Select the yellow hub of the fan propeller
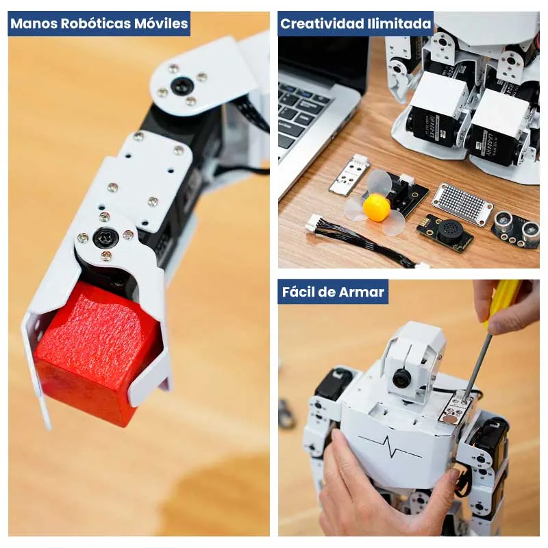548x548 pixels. [x=376, y=208]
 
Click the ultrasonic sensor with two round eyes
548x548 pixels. [x=515, y=229]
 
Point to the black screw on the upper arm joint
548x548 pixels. [x=182, y=85]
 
